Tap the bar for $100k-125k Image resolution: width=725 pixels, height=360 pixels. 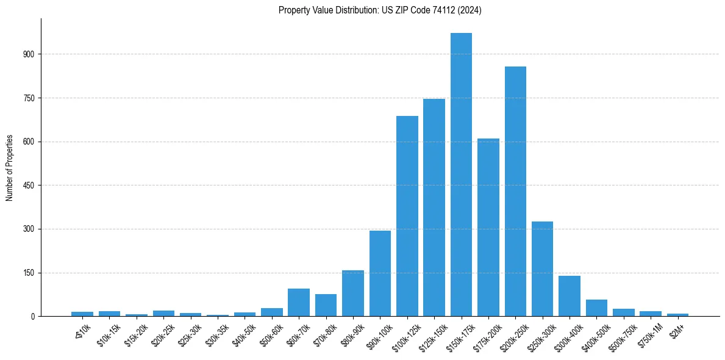[x=407, y=216]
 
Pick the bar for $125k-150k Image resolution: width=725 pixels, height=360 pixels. [x=434, y=207]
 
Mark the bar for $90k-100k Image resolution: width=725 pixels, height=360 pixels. [x=380, y=273]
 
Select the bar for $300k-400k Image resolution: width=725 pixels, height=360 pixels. [x=570, y=296]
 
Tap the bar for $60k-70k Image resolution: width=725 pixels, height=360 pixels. [x=299, y=302]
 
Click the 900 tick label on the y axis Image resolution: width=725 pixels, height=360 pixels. [x=30, y=54]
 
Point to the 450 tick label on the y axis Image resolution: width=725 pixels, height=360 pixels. [x=30, y=185]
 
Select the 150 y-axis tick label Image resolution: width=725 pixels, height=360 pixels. [x=30, y=273]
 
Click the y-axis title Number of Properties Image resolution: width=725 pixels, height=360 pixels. [x=9, y=168]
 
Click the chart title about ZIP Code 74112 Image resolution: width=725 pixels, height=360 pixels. [x=380, y=10]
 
